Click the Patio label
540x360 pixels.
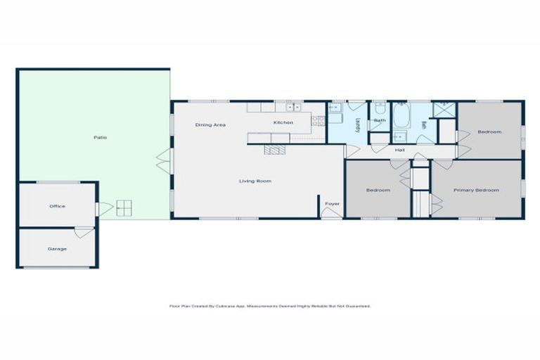[x=101, y=136]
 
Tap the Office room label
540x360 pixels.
[x=57, y=206]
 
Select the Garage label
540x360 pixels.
[x=57, y=248]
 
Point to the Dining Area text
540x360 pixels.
[x=210, y=124]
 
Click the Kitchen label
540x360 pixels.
[x=283, y=122]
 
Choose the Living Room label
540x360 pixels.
[x=255, y=181]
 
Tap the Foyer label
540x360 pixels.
[x=332, y=204]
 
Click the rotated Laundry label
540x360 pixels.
[x=358, y=124]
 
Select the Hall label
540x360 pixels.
[x=399, y=150]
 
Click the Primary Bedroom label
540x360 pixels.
[x=476, y=190]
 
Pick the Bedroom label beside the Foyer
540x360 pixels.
[x=378, y=190]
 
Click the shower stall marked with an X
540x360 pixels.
[x=444, y=110]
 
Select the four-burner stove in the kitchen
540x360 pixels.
[x=318, y=120]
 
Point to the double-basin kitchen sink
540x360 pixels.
[x=292, y=108]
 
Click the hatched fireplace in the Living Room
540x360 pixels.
[x=276, y=149]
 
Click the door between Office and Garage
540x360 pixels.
[x=84, y=231]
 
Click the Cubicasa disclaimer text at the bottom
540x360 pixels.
[x=269, y=306]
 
